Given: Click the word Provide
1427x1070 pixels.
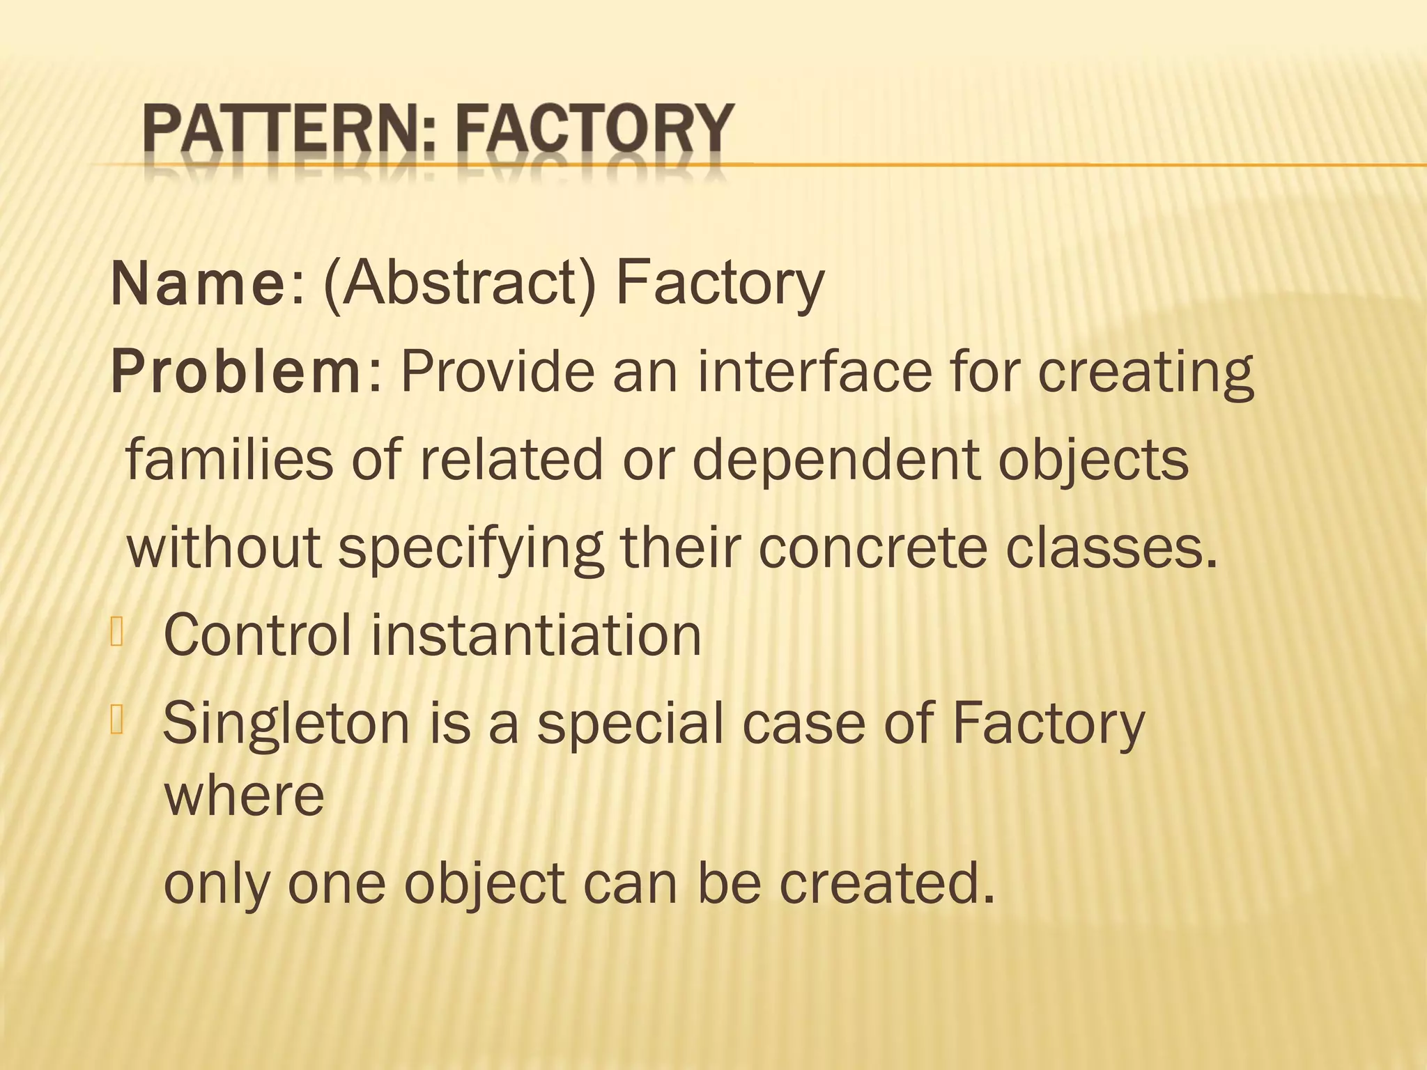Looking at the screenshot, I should point(497,371).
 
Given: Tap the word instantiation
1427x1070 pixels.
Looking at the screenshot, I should point(536,635).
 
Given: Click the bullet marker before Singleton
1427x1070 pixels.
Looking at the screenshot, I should point(116,720).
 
